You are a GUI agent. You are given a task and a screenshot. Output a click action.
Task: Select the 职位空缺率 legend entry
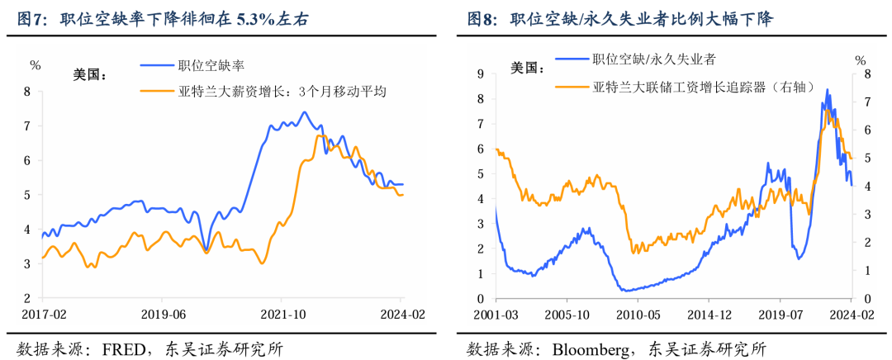pos(211,64)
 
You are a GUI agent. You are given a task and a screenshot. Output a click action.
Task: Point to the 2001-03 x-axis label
pos(496,315)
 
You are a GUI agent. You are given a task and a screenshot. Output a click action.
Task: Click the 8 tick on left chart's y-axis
pos(27,92)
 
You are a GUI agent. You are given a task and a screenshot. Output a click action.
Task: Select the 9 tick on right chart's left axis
pos(481,73)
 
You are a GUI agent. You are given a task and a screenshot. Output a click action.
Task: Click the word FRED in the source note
pos(115,348)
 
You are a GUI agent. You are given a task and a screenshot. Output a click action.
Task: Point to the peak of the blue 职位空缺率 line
pos(304,112)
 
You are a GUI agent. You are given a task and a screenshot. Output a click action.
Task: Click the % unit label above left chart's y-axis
pos(35,64)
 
